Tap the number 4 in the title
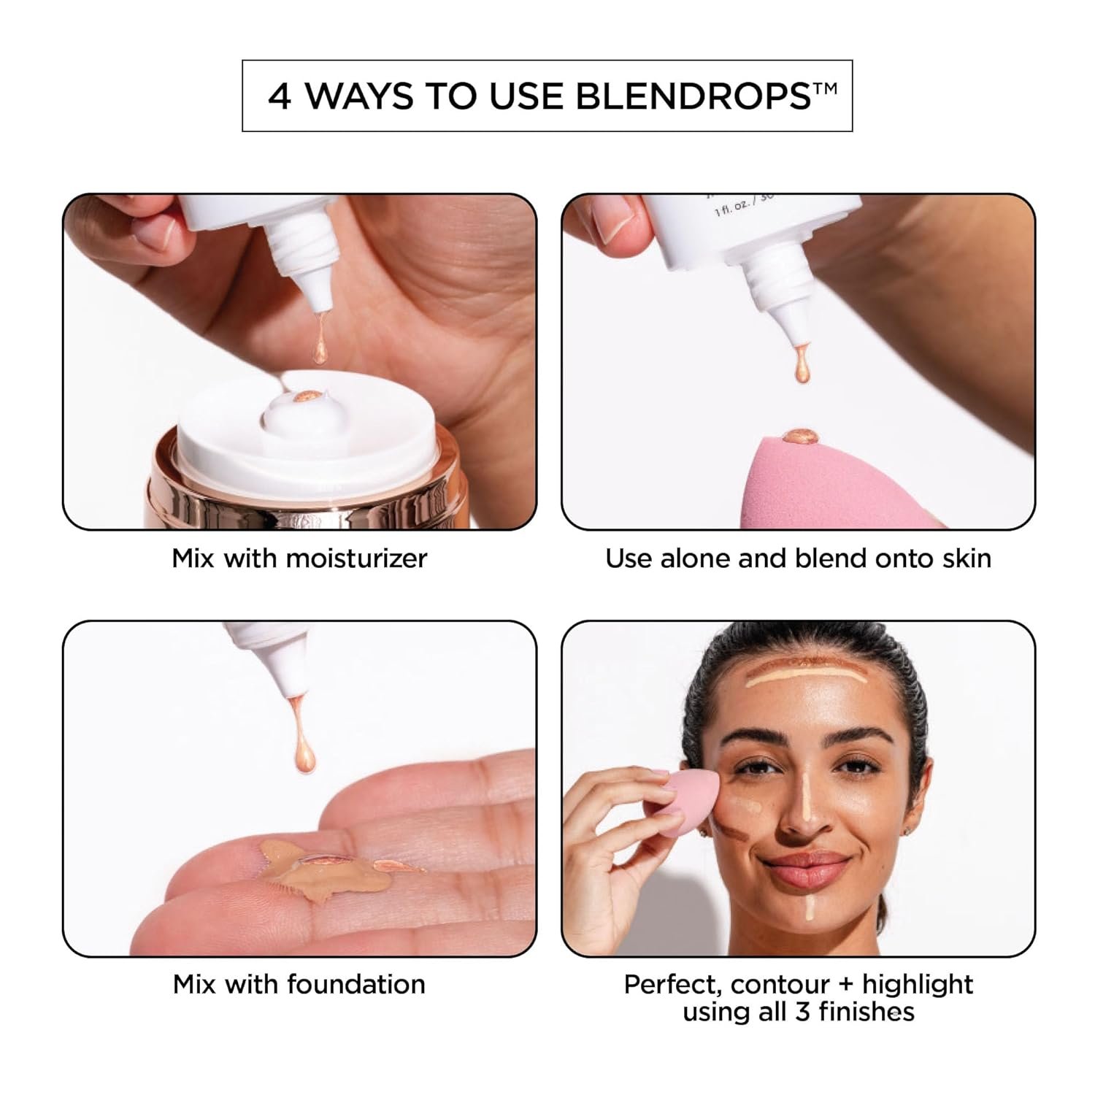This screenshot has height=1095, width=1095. point(280,96)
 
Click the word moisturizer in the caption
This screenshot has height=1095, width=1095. point(356,558)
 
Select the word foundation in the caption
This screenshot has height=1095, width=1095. point(356,984)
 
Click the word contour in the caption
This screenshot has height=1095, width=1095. point(780,985)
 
